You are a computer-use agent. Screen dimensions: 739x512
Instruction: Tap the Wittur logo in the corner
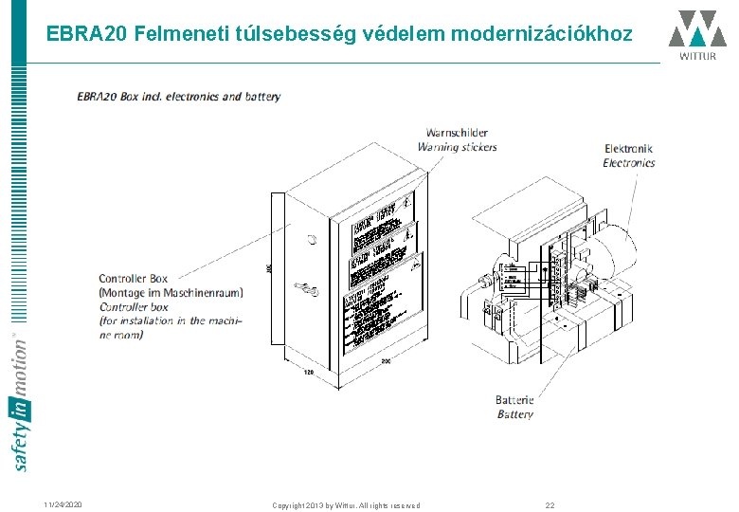click(697, 34)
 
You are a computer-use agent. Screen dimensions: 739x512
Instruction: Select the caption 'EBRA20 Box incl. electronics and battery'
click(179, 97)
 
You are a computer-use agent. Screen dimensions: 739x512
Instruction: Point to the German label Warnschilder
click(457, 133)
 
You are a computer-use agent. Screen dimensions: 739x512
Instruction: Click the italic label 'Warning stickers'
click(458, 147)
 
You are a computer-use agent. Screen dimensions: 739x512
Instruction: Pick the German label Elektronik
click(629, 149)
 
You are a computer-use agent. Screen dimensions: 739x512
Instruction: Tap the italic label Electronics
click(628, 163)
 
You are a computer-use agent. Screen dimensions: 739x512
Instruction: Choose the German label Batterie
click(514, 400)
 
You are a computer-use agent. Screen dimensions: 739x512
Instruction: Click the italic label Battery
click(514, 414)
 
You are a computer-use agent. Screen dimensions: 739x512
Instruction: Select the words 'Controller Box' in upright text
click(134, 279)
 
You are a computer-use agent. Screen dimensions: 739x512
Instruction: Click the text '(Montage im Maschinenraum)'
click(171, 293)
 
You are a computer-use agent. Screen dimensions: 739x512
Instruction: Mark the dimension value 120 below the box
click(308, 372)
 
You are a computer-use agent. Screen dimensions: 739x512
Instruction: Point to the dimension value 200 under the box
click(385, 361)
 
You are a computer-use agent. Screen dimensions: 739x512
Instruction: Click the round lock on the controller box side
click(309, 240)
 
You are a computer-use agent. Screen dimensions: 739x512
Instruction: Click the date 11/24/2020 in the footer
click(63, 504)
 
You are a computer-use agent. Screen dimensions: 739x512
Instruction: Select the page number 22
click(550, 504)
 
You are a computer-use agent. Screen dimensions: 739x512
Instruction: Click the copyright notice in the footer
click(346, 504)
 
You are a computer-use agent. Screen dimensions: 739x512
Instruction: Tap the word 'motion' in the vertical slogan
click(20, 366)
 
